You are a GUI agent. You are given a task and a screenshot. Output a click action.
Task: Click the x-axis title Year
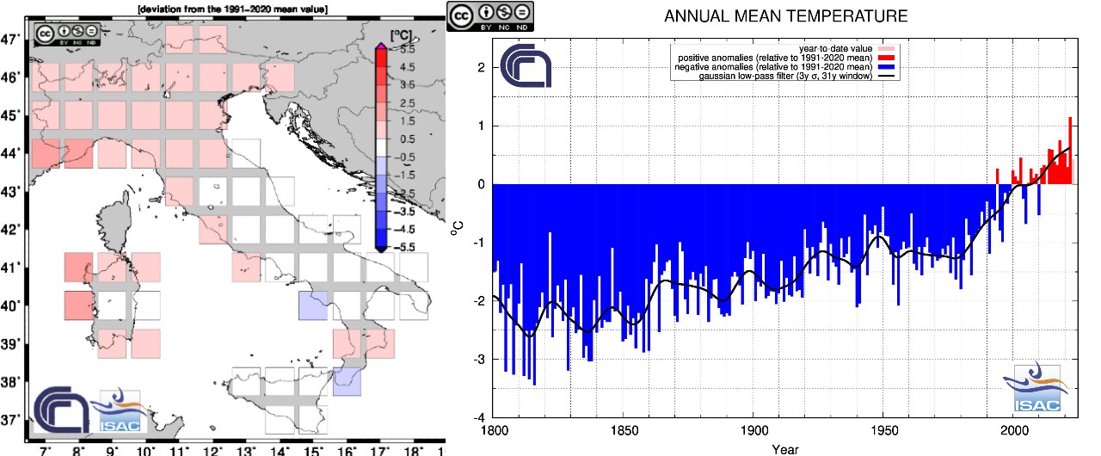[x=784, y=448]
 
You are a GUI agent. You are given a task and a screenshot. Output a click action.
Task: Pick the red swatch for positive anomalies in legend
[x=886, y=57]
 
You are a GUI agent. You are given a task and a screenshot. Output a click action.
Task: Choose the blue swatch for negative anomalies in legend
[x=886, y=66]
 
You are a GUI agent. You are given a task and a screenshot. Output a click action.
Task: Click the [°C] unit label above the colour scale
[x=399, y=35]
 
